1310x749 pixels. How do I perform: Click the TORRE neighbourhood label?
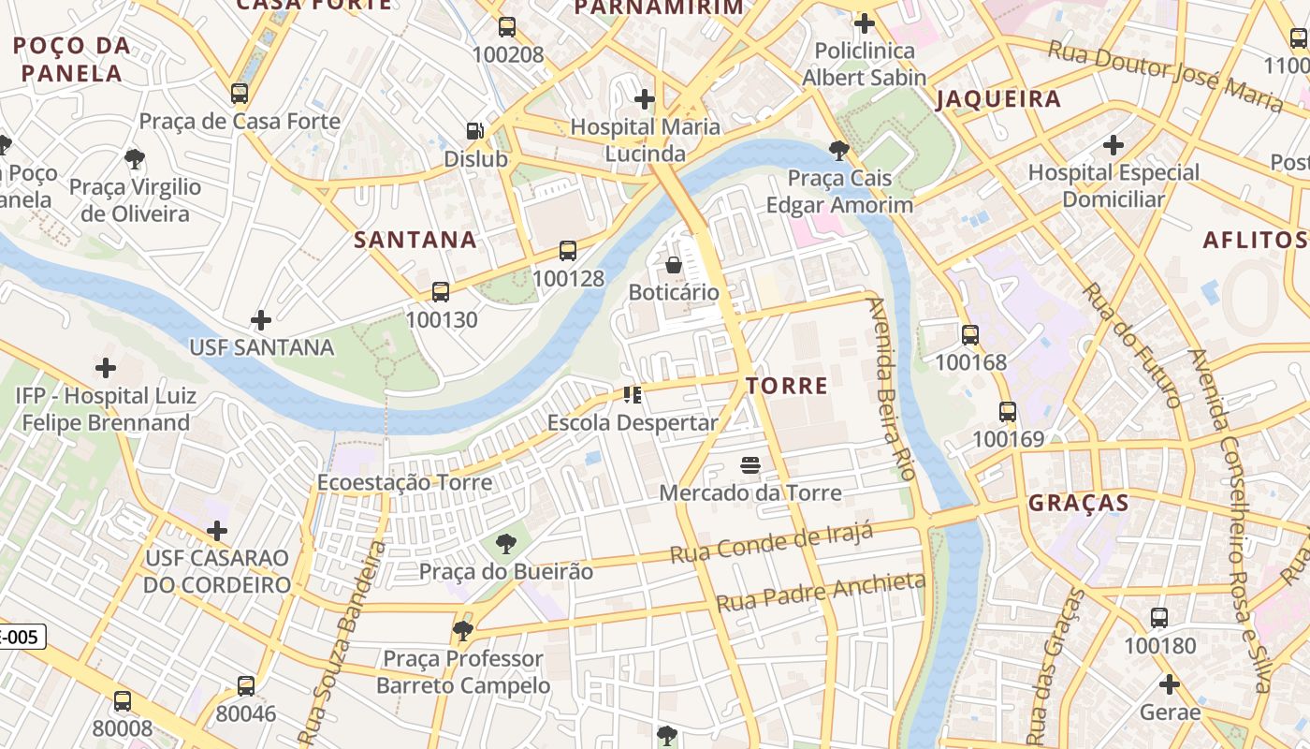click(786, 385)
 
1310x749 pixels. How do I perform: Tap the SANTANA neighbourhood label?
click(415, 240)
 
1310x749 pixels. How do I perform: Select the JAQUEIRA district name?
click(998, 98)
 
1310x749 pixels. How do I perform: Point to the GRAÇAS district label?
click(1079, 503)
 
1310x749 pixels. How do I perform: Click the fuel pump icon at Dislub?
click(475, 131)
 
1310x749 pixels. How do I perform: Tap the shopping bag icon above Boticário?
click(673, 265)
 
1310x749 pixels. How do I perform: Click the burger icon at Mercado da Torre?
click(750, 465)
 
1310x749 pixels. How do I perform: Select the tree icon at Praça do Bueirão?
click(505, 543)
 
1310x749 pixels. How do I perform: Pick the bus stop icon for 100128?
click(568, 251)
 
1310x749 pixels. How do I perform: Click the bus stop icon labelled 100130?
click(441, 292)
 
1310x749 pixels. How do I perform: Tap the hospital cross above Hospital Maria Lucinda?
click(645, 98)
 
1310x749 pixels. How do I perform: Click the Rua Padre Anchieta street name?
click(821, 593)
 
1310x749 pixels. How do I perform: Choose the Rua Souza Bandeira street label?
click(336, 642)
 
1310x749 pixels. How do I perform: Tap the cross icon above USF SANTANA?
click(261, 320)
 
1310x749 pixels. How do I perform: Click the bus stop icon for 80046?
click(246, 686)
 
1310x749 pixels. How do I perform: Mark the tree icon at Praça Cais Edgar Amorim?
click(839, 150)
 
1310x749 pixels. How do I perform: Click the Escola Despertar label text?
click(633, 422)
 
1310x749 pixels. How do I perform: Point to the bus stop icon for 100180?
click(1159, 618)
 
